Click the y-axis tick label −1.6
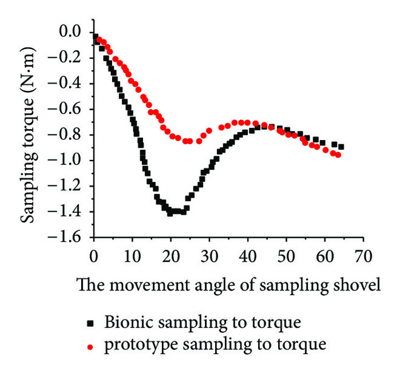click(x=72, y=237)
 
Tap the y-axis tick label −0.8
click(x=72, y=135)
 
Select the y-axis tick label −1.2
click(x=72, y=186)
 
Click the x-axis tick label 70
click(x=362, y=252)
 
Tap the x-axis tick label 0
click(x=93, y=252)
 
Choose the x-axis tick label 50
click(x=285, y=252)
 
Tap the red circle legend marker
click(x=90, y=347)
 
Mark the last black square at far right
click(x=341, y=147)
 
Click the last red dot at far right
click(x=338, y=155)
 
